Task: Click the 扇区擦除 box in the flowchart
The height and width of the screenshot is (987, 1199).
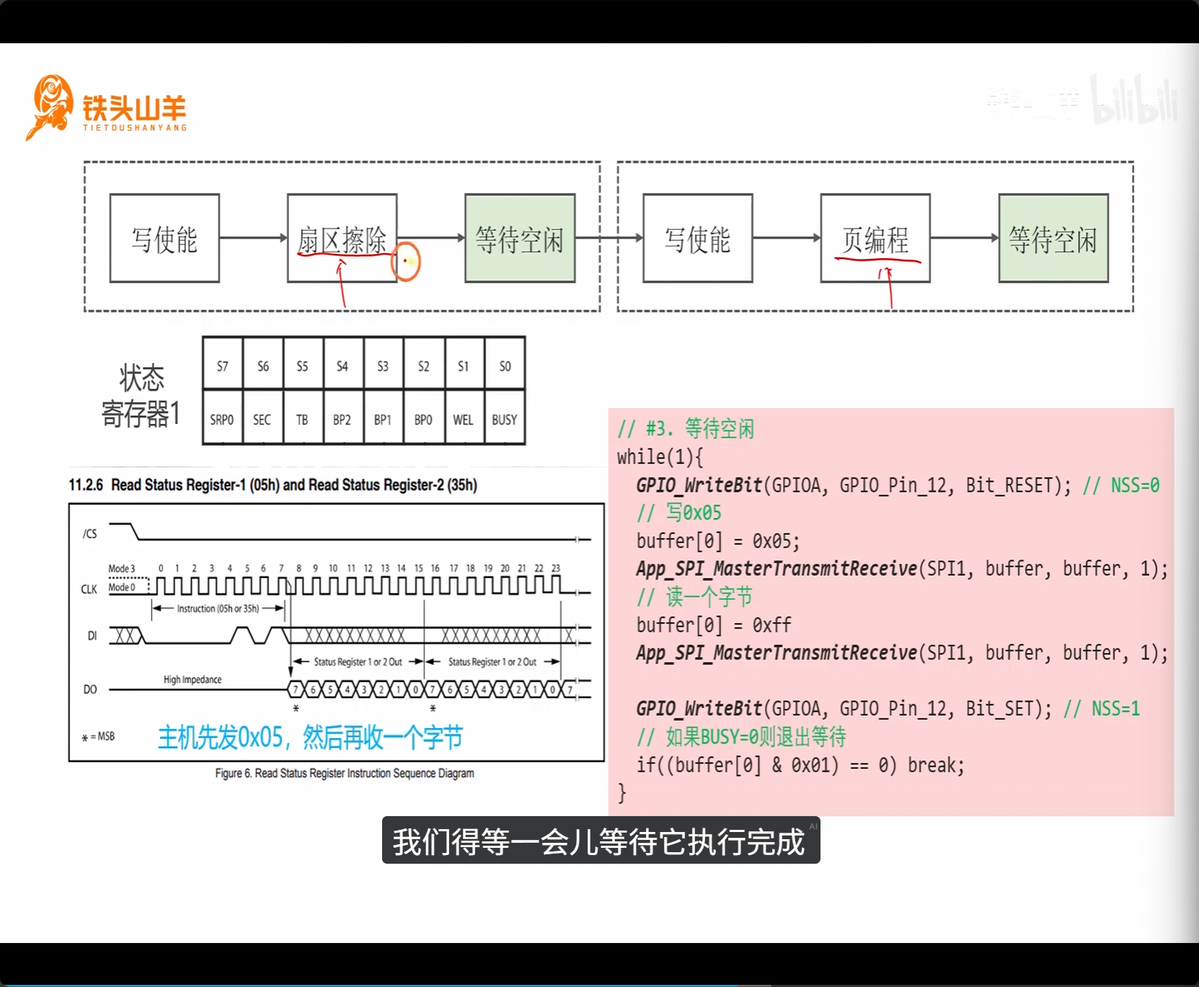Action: (342, 238)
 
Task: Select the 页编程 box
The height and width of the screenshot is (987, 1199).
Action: (875, 238)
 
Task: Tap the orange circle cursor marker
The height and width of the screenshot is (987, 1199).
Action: (406, 262)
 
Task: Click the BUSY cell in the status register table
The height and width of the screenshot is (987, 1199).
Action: (505, 419)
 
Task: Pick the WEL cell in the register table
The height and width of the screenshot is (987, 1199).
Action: (463, 419)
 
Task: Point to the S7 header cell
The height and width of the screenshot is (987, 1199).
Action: (223, 366)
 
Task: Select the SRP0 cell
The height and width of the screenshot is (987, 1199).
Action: (222, 419)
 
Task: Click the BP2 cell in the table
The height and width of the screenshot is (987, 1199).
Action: (342, 419)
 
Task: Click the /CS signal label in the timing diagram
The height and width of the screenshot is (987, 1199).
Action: (90, 534)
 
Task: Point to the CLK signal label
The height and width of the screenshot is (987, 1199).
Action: (89, 589)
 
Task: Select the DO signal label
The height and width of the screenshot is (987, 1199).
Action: (90, 689)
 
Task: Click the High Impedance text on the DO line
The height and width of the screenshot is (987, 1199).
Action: (193, 679)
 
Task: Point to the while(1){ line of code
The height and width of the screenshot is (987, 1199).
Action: (660, 457)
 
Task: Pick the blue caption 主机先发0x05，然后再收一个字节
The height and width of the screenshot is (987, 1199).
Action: (310, 738)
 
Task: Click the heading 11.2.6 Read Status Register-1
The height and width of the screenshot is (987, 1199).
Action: (273, 484)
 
